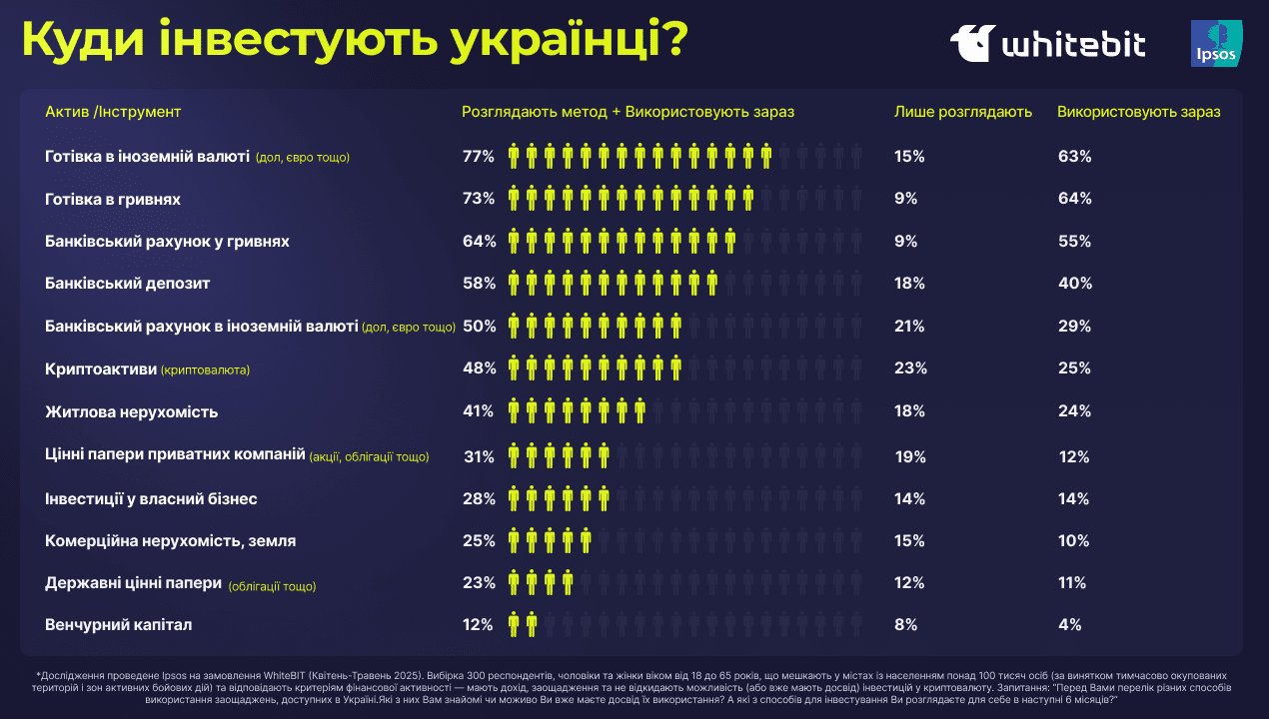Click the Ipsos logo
(1216, 43)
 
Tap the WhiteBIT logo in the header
(1047, 44)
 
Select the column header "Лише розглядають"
(962, 112)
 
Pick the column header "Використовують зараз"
(1138, 112)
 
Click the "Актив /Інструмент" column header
(113, 112)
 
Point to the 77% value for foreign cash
(479, 157)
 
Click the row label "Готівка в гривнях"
(112, 199)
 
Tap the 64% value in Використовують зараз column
(1074, 199)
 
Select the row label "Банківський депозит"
(127, 284)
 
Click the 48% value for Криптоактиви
(479, 368)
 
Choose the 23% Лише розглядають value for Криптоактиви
(910, 368)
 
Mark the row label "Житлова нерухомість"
(131, 411)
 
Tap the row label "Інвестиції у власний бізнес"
(152, 498)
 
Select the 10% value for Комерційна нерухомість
(1073, 541)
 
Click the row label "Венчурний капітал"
(118, 625)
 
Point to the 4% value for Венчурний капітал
(1069, 625)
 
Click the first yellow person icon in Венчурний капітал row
(514, 625)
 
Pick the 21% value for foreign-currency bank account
(909, 327)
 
